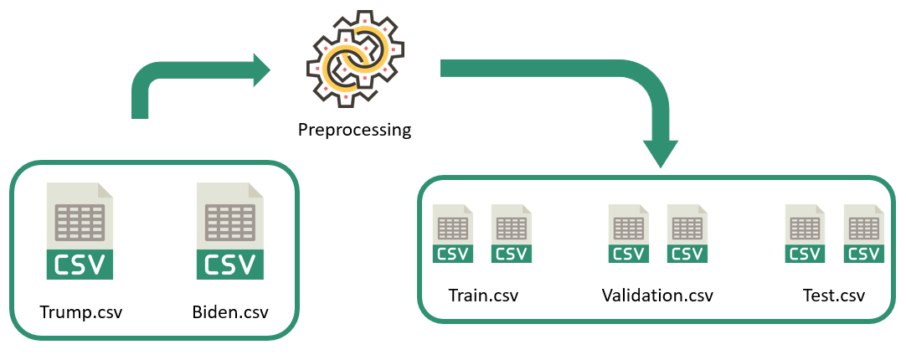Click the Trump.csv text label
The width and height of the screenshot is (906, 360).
click(81, 313)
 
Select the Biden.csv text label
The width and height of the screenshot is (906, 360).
click(230, 313)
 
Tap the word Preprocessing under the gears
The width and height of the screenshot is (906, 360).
click(355, 130)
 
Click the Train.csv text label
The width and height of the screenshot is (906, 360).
click(483, 296)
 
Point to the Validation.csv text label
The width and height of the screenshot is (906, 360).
click(657, 296)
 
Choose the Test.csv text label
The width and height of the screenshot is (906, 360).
click(833, 296)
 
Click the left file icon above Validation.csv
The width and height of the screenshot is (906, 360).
click(629, 234)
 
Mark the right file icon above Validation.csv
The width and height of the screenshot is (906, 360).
click(687, 234)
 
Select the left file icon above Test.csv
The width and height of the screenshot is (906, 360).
click(805, 234)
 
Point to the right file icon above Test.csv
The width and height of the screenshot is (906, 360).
click(863, 234)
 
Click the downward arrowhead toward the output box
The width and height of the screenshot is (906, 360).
click(660, 152)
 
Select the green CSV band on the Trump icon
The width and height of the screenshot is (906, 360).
click(80, 264)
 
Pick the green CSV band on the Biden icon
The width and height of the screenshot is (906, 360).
click(229, 264)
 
